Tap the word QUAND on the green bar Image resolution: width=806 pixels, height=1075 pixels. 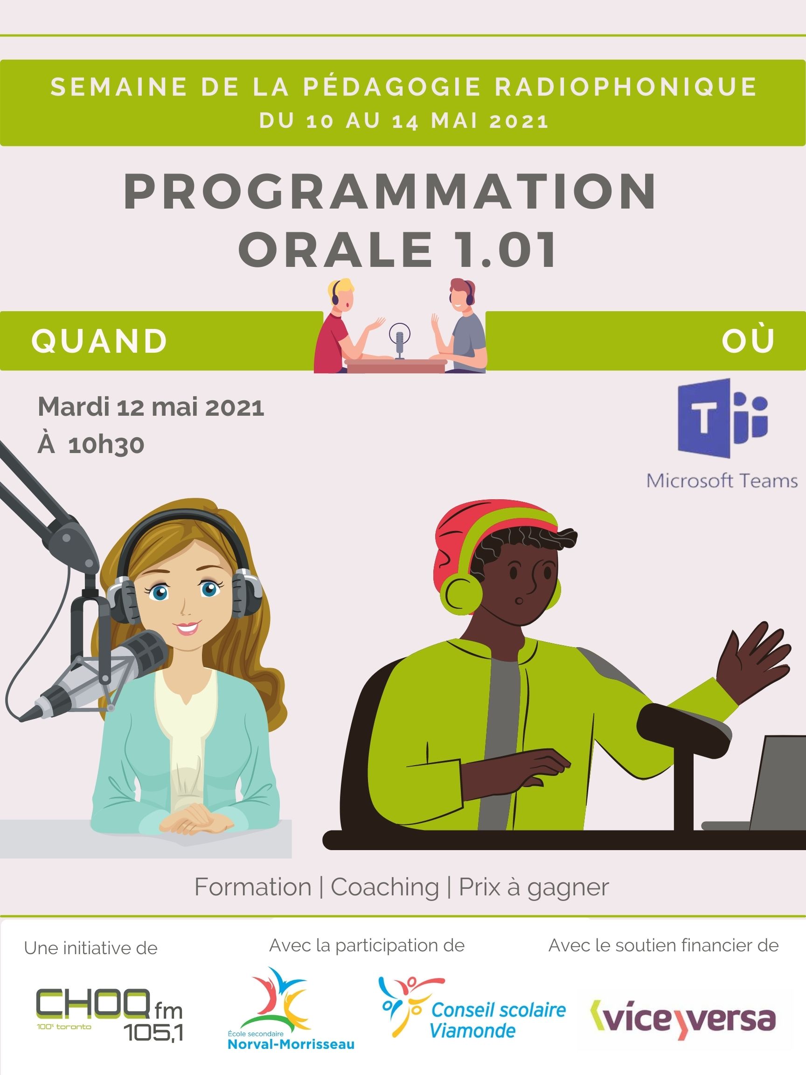pos(100,341)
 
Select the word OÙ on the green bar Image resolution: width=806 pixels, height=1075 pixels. pos(748,340)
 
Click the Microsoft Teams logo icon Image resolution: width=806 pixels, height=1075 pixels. pos(723,419)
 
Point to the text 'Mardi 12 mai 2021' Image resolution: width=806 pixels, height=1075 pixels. pos(151,407)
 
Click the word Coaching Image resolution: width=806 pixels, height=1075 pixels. pos(385,887)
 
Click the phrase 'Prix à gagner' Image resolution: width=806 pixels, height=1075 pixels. pos(534,887)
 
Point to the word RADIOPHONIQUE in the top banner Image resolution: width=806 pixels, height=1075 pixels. pos(626,87)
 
